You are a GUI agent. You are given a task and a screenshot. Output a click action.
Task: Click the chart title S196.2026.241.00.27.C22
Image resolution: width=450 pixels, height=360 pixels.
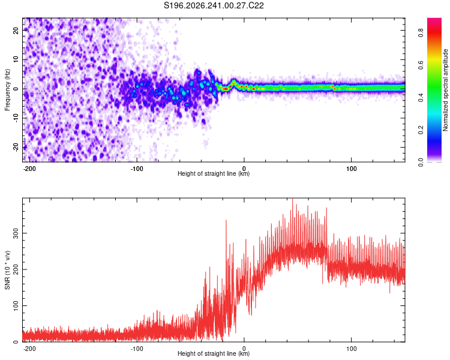pos(214,5)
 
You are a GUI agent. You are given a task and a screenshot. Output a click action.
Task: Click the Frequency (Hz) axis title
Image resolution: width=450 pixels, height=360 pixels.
pos(7,90)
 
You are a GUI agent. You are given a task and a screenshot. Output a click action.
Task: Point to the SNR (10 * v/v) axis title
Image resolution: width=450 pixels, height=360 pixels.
pos(7,270)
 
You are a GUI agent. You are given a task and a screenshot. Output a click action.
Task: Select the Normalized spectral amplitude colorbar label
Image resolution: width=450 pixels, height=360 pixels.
pos(445,90)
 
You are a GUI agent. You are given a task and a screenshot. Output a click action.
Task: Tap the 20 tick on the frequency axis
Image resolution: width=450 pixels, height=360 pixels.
pos(16,31)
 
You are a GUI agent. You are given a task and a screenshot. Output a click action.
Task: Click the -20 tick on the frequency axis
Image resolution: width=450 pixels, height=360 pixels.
pos(16,147)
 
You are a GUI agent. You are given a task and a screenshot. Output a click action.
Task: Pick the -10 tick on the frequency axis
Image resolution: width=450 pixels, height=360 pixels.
pos(16,118)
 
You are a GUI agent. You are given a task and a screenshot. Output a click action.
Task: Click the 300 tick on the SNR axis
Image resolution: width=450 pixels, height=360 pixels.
pos(16,233)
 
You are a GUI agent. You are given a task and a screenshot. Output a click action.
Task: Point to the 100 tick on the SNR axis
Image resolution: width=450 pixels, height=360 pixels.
pos(16,306)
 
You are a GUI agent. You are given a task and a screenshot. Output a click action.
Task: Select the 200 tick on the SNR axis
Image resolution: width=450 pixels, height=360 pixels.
pos(16,269)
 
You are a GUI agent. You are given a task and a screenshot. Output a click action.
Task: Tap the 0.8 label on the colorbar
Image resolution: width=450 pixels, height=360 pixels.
pos(421,32)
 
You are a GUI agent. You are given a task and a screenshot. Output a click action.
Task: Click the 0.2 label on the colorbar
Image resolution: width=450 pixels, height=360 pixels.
pos(421,130)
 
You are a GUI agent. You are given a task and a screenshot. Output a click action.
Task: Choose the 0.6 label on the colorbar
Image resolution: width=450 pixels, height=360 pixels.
pos(421,65)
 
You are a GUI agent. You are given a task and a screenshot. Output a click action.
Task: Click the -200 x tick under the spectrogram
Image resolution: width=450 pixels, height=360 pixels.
pos(29,169)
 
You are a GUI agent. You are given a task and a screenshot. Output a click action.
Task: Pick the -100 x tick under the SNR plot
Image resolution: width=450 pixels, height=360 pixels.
pos(137,349)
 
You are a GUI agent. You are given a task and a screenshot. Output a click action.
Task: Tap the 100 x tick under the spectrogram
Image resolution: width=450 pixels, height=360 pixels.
pos(351,169)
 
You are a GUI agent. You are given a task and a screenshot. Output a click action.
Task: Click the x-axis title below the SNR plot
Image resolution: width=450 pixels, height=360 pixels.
pos(214,353)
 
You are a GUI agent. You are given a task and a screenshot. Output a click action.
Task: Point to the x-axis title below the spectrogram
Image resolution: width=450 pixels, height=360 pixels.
pos(214,173)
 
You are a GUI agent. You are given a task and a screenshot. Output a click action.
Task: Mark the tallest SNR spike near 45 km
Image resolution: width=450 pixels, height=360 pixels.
pos(292,199)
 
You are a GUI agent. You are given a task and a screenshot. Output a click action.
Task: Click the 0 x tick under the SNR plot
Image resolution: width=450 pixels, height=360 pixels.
pos(244,349)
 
